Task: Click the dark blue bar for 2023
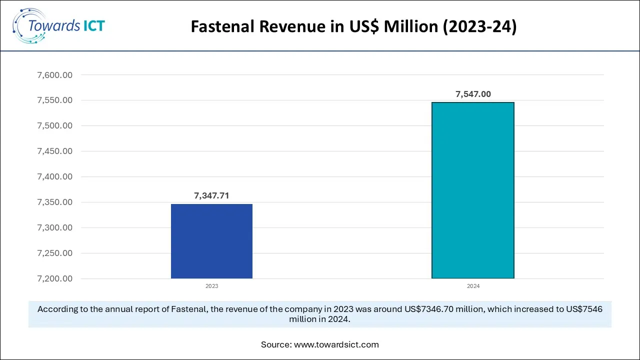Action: (211, 241)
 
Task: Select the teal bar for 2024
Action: (472, 190)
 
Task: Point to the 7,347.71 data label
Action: (211, 196)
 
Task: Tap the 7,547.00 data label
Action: (473, 94)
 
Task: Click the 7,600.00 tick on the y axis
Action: (55, 75)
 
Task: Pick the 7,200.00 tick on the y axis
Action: (55, 278)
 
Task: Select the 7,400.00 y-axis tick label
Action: (55, 176)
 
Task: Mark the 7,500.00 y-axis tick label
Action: (55, 126)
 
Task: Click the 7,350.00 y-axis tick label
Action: (55, 202)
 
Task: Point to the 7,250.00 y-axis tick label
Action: (55, 253)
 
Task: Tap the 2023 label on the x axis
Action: (211, 286)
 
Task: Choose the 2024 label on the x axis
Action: (473, 286)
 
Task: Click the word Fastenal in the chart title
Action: (222, 27)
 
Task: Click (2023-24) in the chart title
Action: (479, 27)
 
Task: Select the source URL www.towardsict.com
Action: (336, 344)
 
